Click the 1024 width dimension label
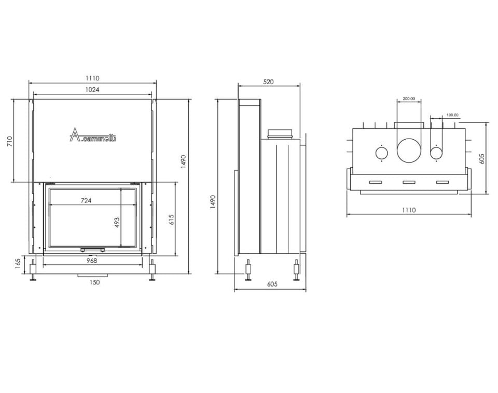[x=92, y=89]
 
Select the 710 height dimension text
[x=9, y=141]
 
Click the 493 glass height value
[x=117, y=223]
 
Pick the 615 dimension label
[x=172, y=219]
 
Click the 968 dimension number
[x=92, y=261]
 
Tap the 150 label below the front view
[x=94, y=282]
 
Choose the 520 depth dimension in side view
[x=268, y=82]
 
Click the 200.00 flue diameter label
[x=409, y=99]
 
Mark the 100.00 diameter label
[x=452, y=115]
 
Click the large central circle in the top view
[x=409, y=150]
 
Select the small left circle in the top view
[x=381, y=153]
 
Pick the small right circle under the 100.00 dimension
[x=437, y=153]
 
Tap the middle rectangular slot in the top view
[x=409, y=182]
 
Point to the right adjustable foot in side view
[x=296, y=269]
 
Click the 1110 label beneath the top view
[x=409, y=210]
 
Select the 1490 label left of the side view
[x=212, y=201]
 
